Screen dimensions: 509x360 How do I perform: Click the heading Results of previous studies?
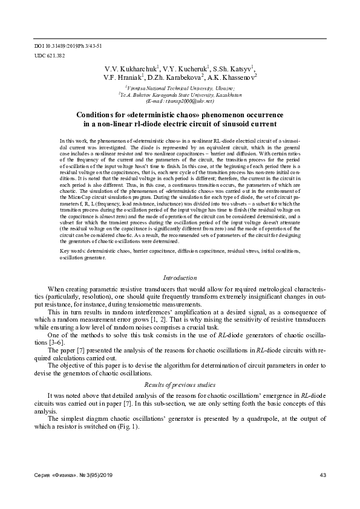(x=180, y=385)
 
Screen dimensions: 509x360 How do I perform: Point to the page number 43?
(x=322, y=476)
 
